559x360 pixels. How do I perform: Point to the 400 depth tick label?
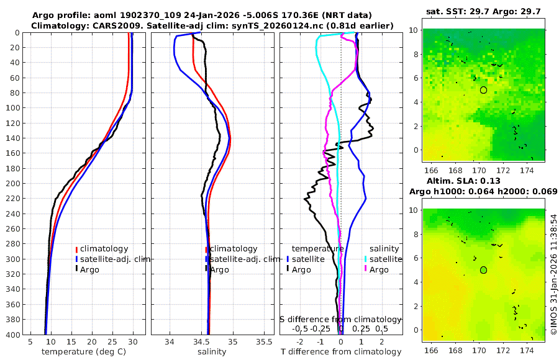tap(12, 335)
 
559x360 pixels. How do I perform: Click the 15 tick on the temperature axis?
tap(71, 341)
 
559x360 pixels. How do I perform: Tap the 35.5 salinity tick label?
tap(265, 341)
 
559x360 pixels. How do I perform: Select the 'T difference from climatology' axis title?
tap(340, 352)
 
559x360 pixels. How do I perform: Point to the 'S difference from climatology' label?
tap(340, 319)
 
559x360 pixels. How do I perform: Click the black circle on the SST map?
tap(483, 90)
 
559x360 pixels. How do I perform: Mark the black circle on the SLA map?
tap(483, 270)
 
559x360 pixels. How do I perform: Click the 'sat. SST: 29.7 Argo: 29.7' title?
tap(483, 12)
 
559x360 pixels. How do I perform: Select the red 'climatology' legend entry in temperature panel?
tap(106, 249)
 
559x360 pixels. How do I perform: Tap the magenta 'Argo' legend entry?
tap(378, 269)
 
